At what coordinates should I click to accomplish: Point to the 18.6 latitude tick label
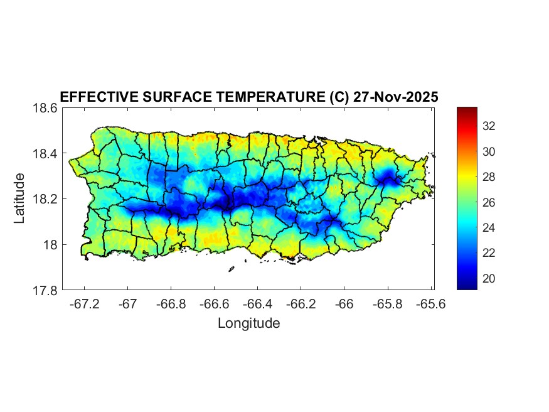[x=45, y=108]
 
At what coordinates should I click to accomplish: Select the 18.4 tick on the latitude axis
[x=45, y=154]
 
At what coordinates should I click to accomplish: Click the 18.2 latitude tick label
[x=45, y=199]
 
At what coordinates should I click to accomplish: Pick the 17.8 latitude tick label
[x=45, y=290]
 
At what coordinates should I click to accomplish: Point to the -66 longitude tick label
[x=344, y=304]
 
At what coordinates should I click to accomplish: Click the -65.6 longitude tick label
[x=430, y=304]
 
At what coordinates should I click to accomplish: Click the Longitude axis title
[x=248, y=323]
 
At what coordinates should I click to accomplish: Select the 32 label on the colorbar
[x=489, y=126]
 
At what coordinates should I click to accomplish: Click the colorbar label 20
[x=489, y=278]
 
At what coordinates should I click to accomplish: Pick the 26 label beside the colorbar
[x=489, y=202]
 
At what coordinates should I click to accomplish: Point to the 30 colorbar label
[x=489, y=151]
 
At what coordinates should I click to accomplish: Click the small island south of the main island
[x=231, y=269]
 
